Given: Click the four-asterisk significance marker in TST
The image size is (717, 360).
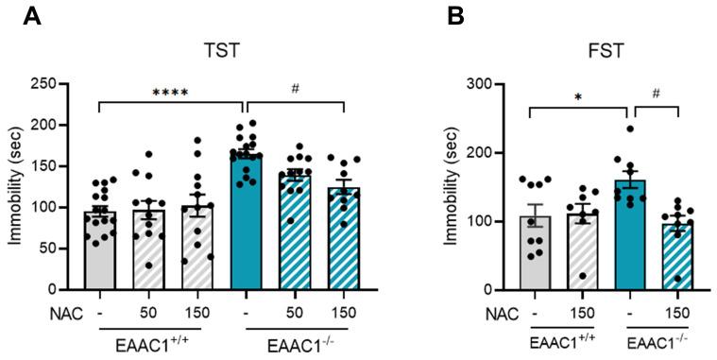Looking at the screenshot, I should point(171,93).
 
